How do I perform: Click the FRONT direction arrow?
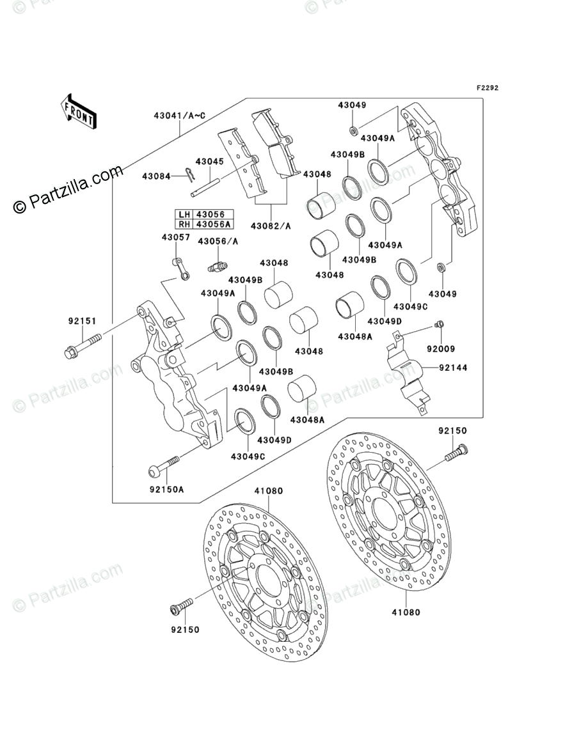pyautogui.click(x=78, y=111)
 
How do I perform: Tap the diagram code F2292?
pyautogui.click(x=487, y=88)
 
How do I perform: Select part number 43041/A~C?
pyautogui.click(x=180, y=116)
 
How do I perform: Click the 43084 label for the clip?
pyautogui.click(x=156, y=176)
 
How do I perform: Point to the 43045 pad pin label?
pyautogui.click(x=209, y=162)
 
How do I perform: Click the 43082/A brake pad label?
pyautogui.click(x=271, y=226)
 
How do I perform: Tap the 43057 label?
pyautogui.click(x=176, y=237)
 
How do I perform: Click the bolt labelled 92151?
pyautogui.click(x=83, y=345)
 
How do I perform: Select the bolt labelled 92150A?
pyautogui.click(x=164, y=466)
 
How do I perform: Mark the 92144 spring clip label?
pyautogui.click(x=454, y=368)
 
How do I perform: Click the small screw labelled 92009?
pyautogui.click(x=440, y=324)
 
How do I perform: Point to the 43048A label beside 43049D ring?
pyautogui.click(x=354, y=336)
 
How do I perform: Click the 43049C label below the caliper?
pyautogui.click(x=248, y=456)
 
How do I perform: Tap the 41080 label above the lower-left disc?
pyautogui.click(x=268, y=490)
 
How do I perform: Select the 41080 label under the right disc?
pyautogui.click(x=406, y=612)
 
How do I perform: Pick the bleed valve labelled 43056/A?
pyautogui.click(x=218, y=265)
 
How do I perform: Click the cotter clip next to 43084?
pyautogui.click(x=190, y=175)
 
